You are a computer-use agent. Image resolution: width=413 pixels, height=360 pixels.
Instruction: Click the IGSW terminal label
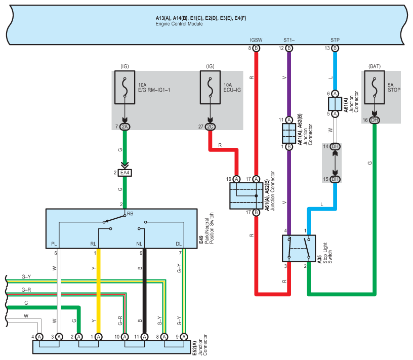pos(256,39)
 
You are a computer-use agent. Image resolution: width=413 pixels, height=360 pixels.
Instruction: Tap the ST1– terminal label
pos(289,39)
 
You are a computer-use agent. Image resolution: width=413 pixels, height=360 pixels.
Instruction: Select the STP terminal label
pos(335,39)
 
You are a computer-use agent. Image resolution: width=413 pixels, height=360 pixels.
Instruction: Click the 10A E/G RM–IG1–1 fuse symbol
pos(125,87)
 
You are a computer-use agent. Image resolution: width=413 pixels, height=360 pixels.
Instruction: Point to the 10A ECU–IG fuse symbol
pos(210,87)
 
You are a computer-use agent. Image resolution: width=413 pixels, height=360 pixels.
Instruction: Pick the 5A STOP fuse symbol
pos(374,87)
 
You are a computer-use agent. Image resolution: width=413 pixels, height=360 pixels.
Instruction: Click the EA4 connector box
pos(125,173)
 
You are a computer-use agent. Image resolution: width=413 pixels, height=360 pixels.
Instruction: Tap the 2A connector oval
pos(125,126)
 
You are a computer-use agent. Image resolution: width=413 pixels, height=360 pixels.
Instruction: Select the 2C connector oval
pos(210,126)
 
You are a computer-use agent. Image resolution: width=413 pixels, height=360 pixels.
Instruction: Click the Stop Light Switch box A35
pos(299,249)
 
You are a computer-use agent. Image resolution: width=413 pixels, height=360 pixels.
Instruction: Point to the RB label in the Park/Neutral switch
pos(130,214)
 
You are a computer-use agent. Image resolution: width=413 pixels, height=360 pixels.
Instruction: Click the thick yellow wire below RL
pos(98,289)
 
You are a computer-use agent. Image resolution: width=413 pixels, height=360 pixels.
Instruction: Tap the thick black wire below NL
pos(144,289)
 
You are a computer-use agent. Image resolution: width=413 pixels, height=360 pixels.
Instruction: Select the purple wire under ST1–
pos(289,86)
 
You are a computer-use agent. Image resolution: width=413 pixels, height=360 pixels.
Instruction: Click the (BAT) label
pos(375,66)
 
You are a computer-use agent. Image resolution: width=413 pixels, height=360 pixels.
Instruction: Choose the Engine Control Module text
pos(179,24)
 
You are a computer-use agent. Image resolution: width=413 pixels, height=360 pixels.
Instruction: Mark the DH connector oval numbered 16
pos(374,120)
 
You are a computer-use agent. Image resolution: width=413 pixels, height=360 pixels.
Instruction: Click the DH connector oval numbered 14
pos(335,146)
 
